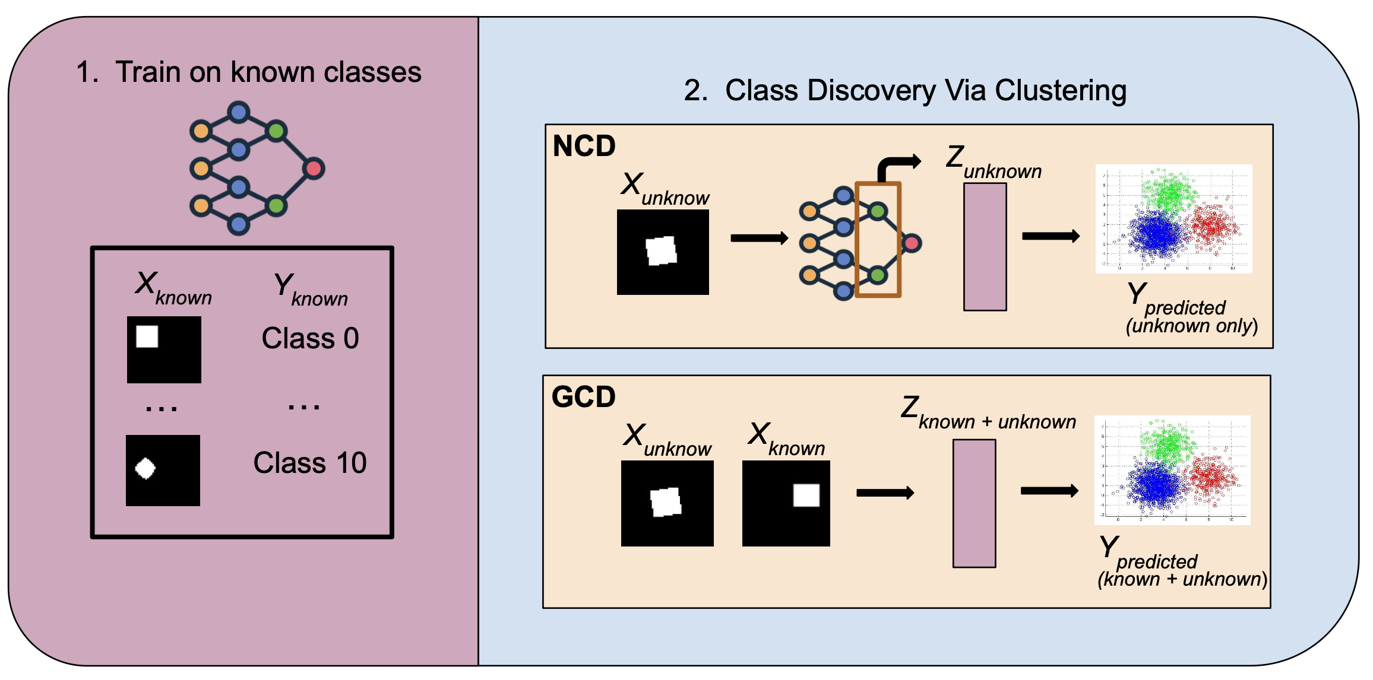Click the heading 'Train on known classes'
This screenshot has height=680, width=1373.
pyautogui.click(x=267, y=72)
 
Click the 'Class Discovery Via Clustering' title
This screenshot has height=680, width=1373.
pyautogui.click(x=925, y=91)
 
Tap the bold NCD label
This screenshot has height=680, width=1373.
pyautogui.click(x=584, y=146)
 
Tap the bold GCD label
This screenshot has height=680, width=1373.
pyautogui.click(x=583, y=397)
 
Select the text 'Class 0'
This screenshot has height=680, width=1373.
pyautogui.click(x=310, y=338)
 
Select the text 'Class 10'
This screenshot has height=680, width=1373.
pyautogui.click(x=309, y=463)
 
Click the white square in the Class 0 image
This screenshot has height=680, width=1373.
pyautogui.click(x=147, y=336)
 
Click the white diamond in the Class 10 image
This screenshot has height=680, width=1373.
pyautogui.click(x=145, y=468)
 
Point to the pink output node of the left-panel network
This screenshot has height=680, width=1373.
pyautogui.click(x=314, y=169)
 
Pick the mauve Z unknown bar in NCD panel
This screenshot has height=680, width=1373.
pyautogui.click(x=985, y=247)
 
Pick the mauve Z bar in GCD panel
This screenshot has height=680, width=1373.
pyautogui.click(x=974, y=503)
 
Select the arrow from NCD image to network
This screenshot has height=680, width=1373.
pyautogui.click(x=759, y=238)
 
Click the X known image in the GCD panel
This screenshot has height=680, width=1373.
pyautogui.click(x=786, y=503)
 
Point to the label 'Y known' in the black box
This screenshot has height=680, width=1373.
pyautogui.click(x=310, y=288)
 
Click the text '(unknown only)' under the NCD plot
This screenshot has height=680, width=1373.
pyautogui.click(x=1191, y=326)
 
